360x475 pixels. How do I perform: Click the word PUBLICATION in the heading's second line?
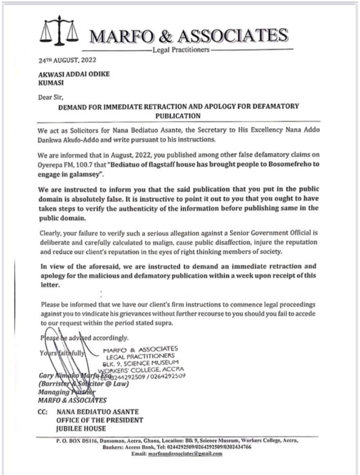(178, 115)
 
